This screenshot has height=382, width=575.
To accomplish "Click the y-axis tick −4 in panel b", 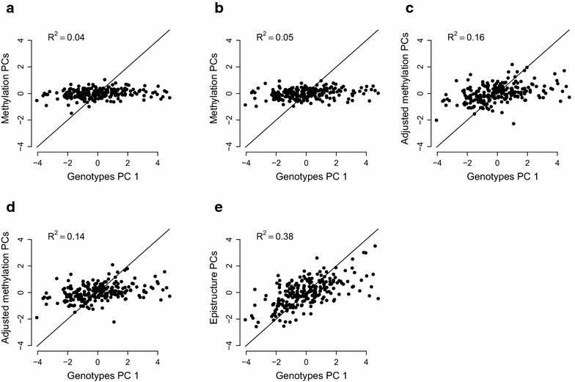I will point(230,146).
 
